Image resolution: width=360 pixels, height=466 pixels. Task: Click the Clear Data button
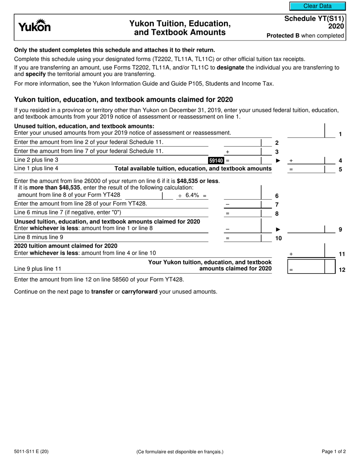click(318, 6)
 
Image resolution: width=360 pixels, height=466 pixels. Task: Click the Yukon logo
click(34, 27)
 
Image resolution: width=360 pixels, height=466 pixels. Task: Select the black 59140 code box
click(216, 161)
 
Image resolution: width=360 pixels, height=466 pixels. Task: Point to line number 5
click(340, 169)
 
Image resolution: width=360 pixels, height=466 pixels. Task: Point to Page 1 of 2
click(333, 451)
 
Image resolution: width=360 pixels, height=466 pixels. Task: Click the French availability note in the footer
click(180, 452)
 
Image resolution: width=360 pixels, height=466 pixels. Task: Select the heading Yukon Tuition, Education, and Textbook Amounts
click(180, 28)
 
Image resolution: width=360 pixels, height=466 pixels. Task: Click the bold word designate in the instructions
click(231, 67)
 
